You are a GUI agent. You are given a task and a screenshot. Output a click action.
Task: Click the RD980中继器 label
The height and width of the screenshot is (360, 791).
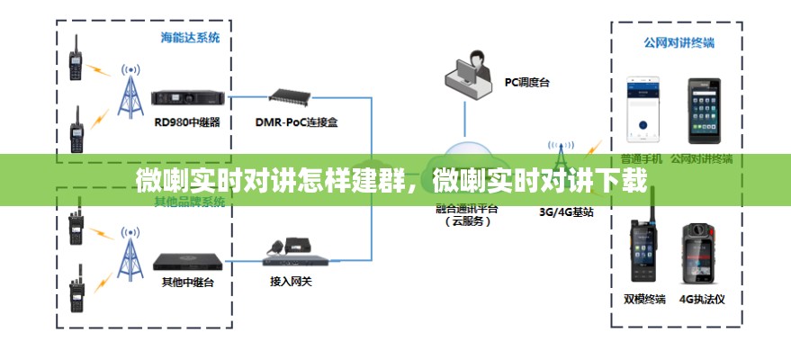pos(187,121)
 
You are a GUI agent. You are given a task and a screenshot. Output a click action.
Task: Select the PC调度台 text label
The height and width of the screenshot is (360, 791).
pos(526,82)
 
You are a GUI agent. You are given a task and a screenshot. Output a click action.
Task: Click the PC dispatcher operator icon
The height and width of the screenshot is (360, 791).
pos(469,75)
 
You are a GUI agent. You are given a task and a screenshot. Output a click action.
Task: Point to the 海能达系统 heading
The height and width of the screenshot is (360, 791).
pos(189,39)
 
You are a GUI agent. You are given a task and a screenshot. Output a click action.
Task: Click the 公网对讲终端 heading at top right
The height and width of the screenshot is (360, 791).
pos(679,42)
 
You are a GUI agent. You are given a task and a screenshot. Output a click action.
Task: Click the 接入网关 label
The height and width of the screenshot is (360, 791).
pos(291,281)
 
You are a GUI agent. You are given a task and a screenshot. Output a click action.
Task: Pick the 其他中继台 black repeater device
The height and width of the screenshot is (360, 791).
pos(187,261)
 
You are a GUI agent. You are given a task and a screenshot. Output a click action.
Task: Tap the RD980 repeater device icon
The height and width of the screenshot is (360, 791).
pos(187,97)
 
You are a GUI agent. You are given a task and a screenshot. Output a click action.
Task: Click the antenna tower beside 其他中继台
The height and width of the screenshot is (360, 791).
pos(131,255)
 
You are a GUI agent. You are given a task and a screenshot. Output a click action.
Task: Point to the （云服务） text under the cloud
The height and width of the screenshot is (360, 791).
pos(466,220)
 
